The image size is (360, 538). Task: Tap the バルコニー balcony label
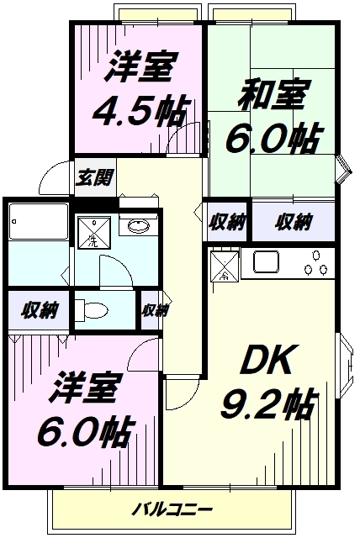[173, 509]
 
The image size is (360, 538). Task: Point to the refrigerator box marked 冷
[225, 266]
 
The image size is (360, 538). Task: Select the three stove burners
[315, 268]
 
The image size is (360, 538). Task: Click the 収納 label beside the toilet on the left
[39, 310]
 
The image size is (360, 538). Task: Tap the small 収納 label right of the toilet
[154, 310]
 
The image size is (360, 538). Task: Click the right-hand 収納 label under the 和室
[293, 222]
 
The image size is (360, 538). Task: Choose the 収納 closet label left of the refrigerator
[227, 222]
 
